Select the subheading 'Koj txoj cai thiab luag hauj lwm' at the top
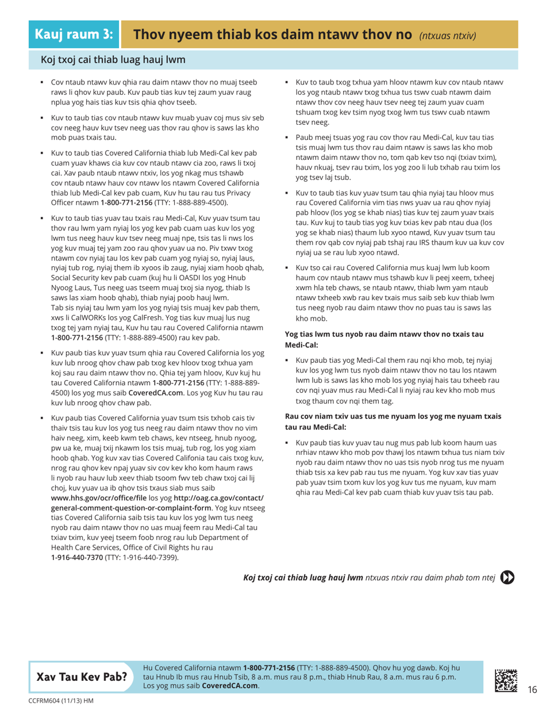[x=113, y=58]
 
